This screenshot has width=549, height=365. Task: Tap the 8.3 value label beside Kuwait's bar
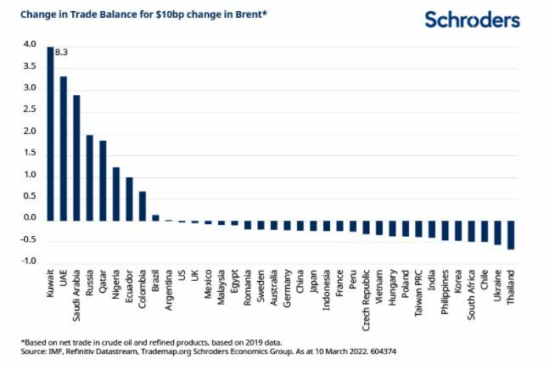tap(61, 53)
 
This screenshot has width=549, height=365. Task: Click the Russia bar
tap(90, 177)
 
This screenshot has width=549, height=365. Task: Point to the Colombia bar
tap(143, 205)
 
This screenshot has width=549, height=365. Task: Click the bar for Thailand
tap(511, 234)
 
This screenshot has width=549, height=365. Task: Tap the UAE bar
tap(64, 148)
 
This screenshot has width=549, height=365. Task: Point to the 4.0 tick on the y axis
tap(31, 45)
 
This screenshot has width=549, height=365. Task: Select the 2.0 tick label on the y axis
tap(31, 132)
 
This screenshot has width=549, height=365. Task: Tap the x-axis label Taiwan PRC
tap(418, 291)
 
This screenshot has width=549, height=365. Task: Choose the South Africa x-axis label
tap(471, 292)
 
